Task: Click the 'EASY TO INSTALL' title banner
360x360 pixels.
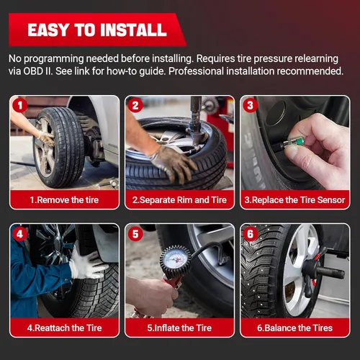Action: pyautogui.click(x=96, y=30)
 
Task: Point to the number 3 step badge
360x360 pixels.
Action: pyautogui.click(x=249, y=106)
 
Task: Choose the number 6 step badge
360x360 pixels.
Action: pyautogui.click(x=249, y=234)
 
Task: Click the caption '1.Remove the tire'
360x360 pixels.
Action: pyautogui.click(x=65, y=199)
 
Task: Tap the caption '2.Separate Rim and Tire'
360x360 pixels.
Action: pyautogui.click(x=179, y=199)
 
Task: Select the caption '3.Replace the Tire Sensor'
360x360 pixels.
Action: pyautogui.click(x=294, y=199)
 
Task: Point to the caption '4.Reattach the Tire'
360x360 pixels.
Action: pyautogui.click(x=65, y=328)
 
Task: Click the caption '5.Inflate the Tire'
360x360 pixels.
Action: pyautogui.click(x=179, y=328)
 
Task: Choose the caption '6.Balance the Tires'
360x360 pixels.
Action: pyautogui.click(x=294, y=328)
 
